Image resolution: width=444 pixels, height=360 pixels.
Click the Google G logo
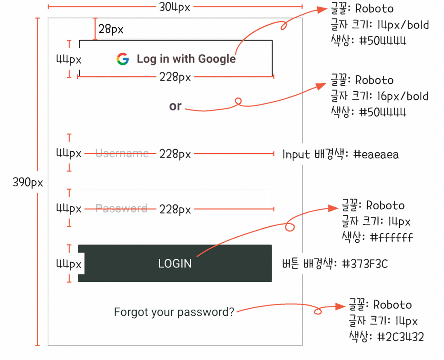(x=123, y=59)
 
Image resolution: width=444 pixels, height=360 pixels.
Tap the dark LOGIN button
(x=175, y=263)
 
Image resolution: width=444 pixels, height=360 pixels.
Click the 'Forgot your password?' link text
(x=174, y=312)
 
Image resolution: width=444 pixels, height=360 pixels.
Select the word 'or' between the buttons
(x=175, y=106)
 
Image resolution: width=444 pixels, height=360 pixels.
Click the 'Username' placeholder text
(x=122, y=153)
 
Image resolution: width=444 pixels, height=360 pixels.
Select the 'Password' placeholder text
(x=121, y=208)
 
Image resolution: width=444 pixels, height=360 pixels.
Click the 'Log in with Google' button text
(x=186, y=59)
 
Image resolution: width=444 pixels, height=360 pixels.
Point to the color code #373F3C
(x=365, y=264)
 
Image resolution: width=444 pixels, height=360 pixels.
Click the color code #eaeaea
(x=376, y=154)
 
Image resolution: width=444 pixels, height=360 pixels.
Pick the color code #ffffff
(x=392, y=237)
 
